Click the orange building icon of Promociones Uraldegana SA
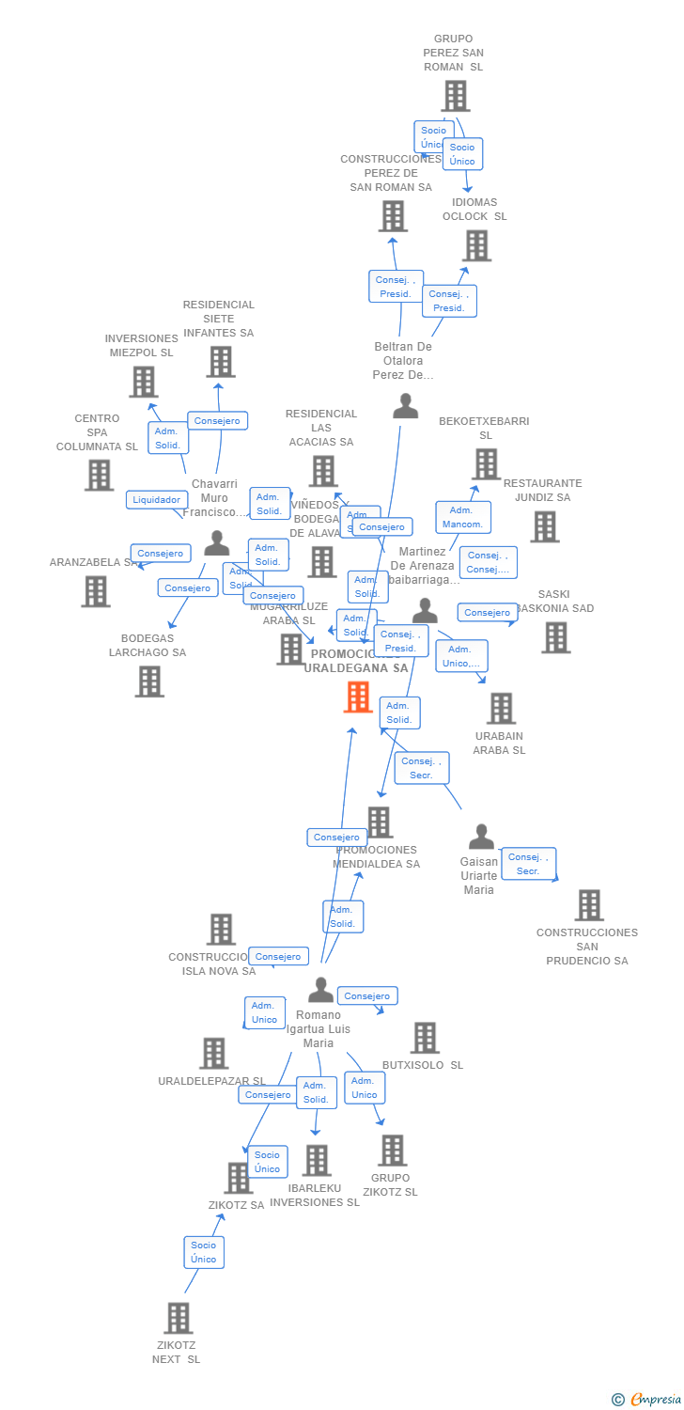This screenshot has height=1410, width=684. tap(358, 697)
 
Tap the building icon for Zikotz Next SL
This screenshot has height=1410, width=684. tap(179, 1318)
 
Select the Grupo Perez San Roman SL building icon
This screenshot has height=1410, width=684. tap(455, 96)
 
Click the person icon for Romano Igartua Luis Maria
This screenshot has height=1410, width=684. tap(320, 990)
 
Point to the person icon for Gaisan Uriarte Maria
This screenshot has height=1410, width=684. tap(481, 837)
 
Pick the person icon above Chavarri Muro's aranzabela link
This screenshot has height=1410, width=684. tap(217, 543)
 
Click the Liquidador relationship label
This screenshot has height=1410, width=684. tap(156, 500)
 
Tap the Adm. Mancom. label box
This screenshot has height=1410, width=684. tap(462, 517)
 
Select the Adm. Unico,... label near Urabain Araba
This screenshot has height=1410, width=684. tap(461, 656)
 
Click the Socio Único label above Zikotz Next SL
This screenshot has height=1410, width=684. tap(204, 1252)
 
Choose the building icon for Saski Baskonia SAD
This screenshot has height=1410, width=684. tap(555, 637)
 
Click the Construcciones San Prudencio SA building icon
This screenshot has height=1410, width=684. tap(588, 905)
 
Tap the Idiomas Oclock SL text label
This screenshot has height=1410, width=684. tap(474, 209)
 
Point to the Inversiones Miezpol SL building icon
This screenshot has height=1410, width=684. tap(143, 382)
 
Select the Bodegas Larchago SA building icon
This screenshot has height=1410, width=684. tap(149, 681)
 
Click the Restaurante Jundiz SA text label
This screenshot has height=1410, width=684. tap(543, 490)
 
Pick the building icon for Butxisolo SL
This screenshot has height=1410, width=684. tap(425, 1038)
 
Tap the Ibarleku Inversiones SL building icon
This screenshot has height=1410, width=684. tap(317, 1160)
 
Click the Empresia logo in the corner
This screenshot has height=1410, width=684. tap(647, 1400)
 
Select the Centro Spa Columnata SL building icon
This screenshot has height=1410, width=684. tap(99, 476)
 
